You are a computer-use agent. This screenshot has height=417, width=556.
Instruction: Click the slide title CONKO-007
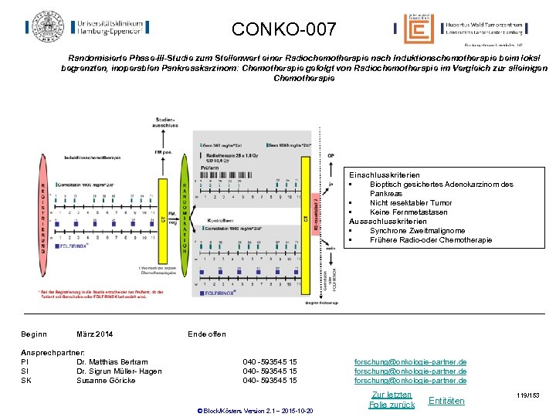pos(283,30)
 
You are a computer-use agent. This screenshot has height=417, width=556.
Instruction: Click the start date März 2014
pos(94,334)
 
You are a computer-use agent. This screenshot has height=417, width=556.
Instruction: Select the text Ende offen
pos(207,334)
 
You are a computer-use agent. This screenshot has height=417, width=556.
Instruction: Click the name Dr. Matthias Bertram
pos(112,361)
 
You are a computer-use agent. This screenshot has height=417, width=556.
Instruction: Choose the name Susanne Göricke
pos(106,380)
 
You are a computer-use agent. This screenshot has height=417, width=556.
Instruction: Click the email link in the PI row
pos(410,361)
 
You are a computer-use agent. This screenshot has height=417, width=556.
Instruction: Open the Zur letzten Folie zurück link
pos(392,399)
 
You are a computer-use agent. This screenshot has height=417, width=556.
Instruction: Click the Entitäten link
pos(446,401)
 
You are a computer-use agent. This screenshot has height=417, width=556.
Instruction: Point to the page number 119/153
pos(528,395)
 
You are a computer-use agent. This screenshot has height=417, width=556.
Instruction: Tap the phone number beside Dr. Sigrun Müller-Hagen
pos(270,371)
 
